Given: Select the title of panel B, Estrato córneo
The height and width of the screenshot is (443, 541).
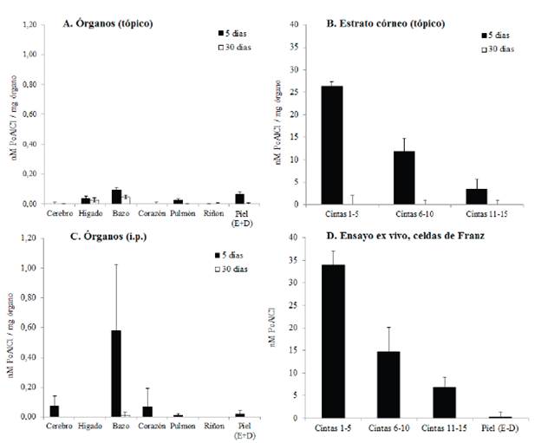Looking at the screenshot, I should pos(384,23).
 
